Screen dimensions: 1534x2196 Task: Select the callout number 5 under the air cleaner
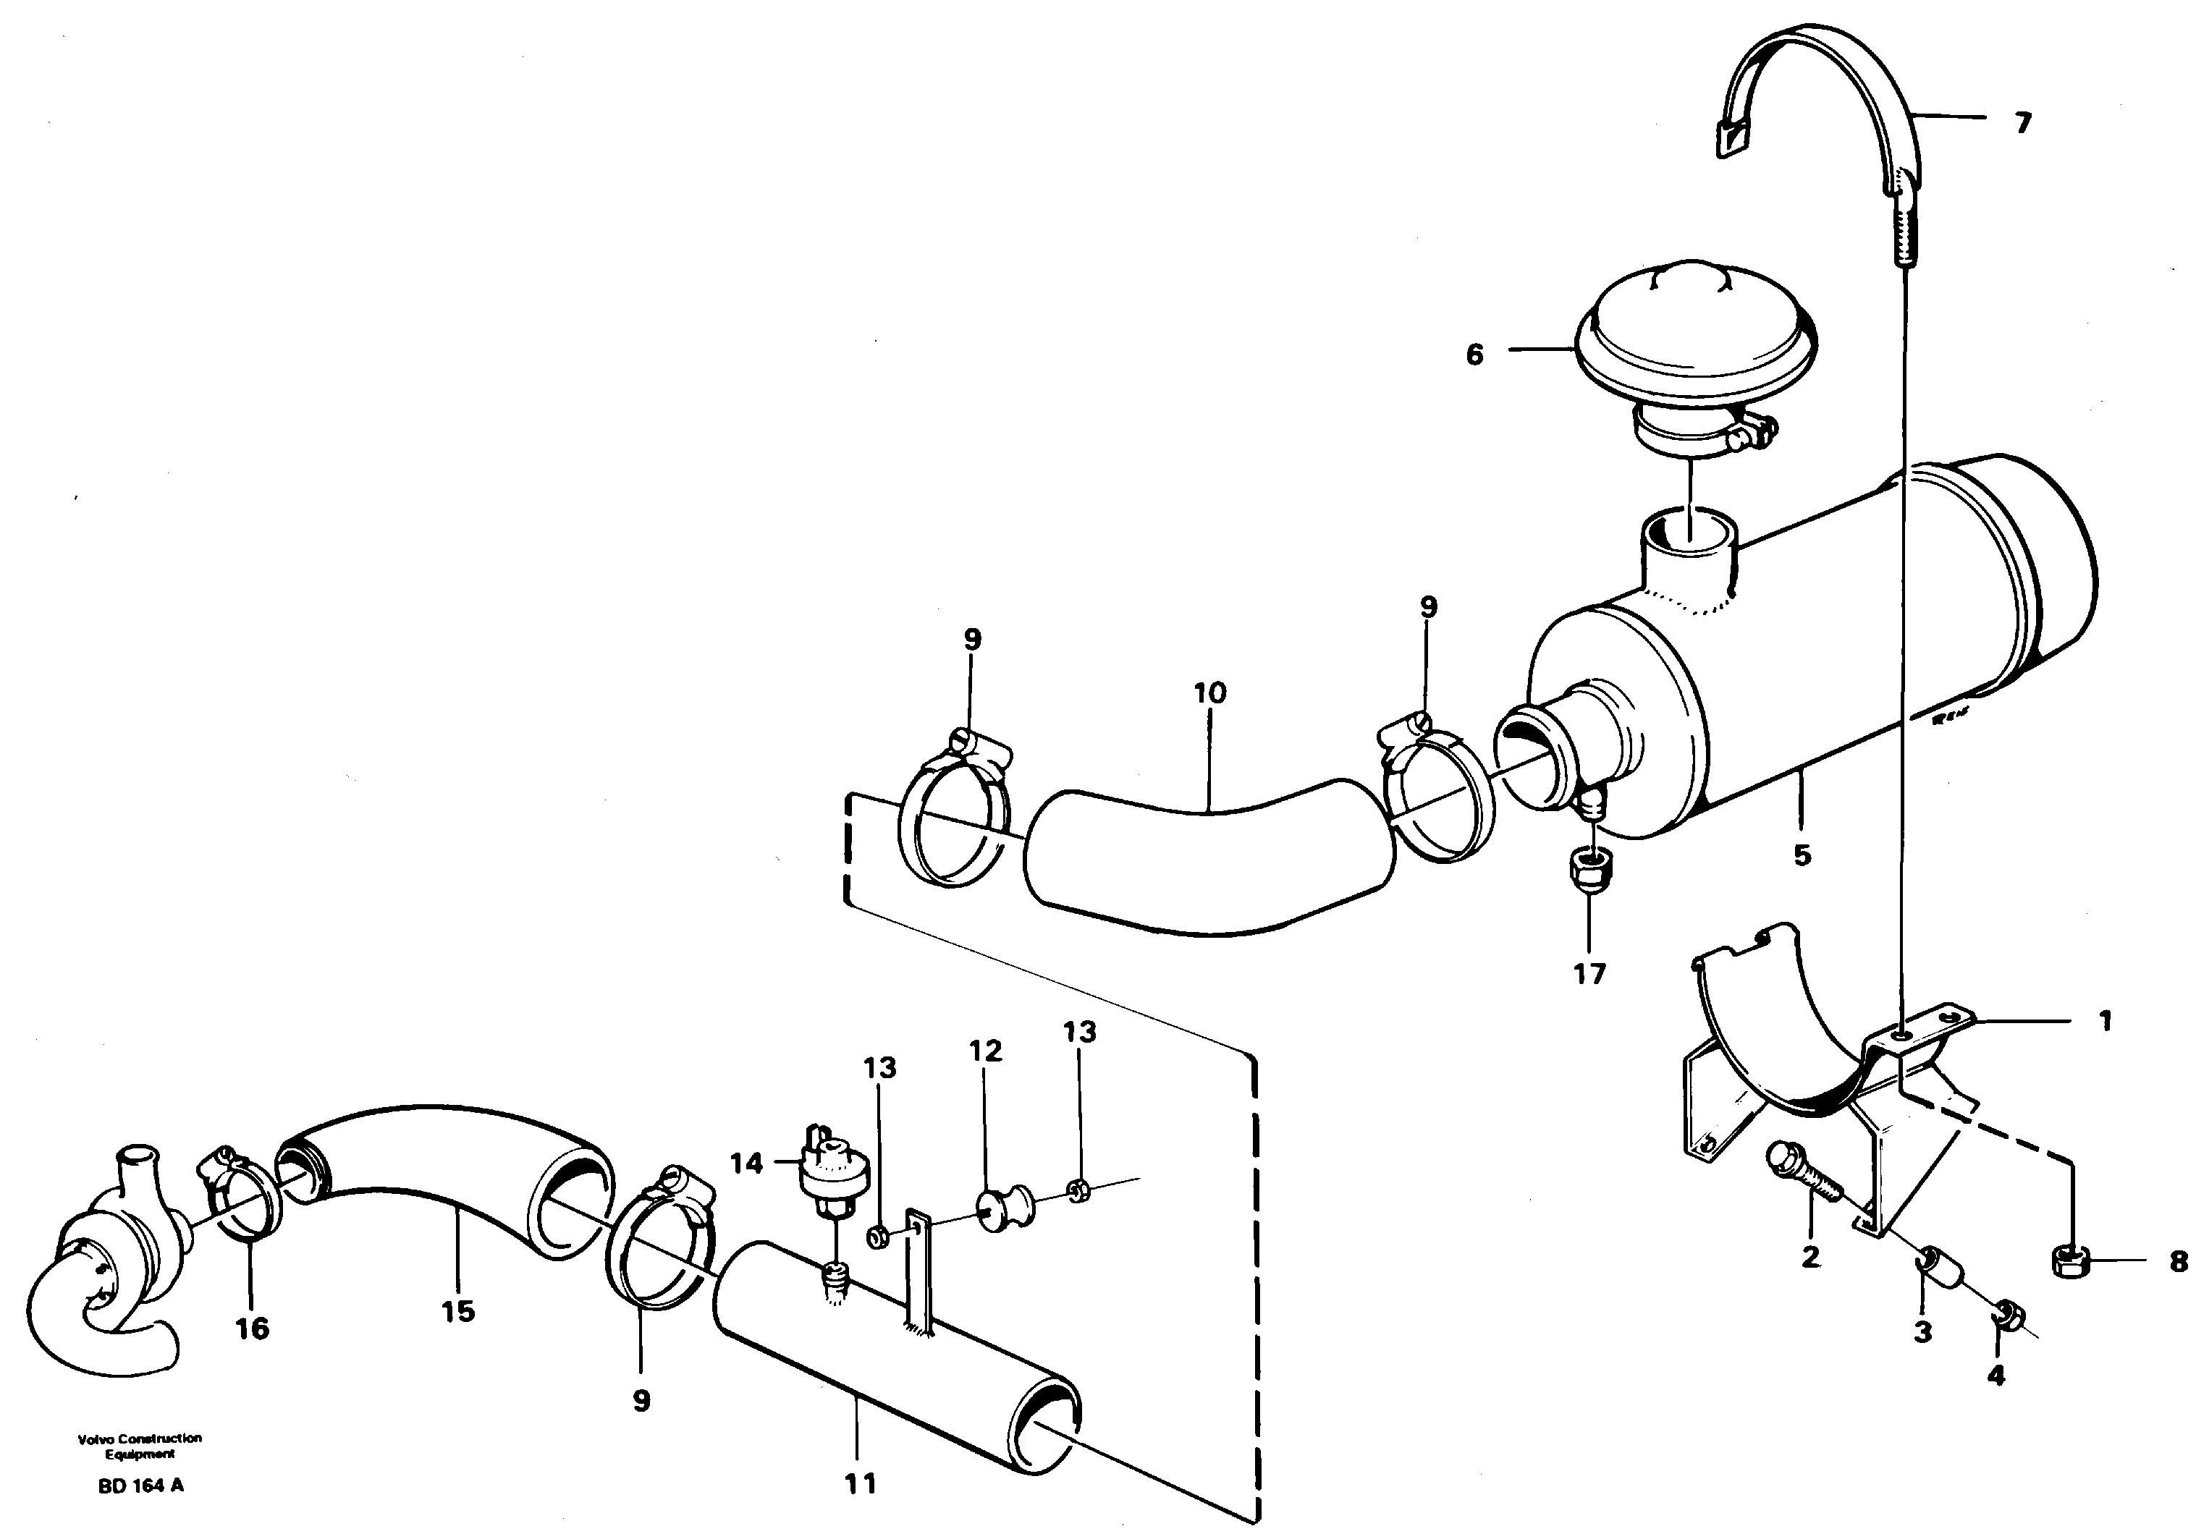click(1802, 854)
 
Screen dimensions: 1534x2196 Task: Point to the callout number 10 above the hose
click(1210, 693)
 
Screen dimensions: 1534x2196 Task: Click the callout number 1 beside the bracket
click(2104, 1022)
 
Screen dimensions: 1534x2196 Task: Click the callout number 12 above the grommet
click(985, 1051)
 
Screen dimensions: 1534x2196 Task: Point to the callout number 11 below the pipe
click(860, 1483)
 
